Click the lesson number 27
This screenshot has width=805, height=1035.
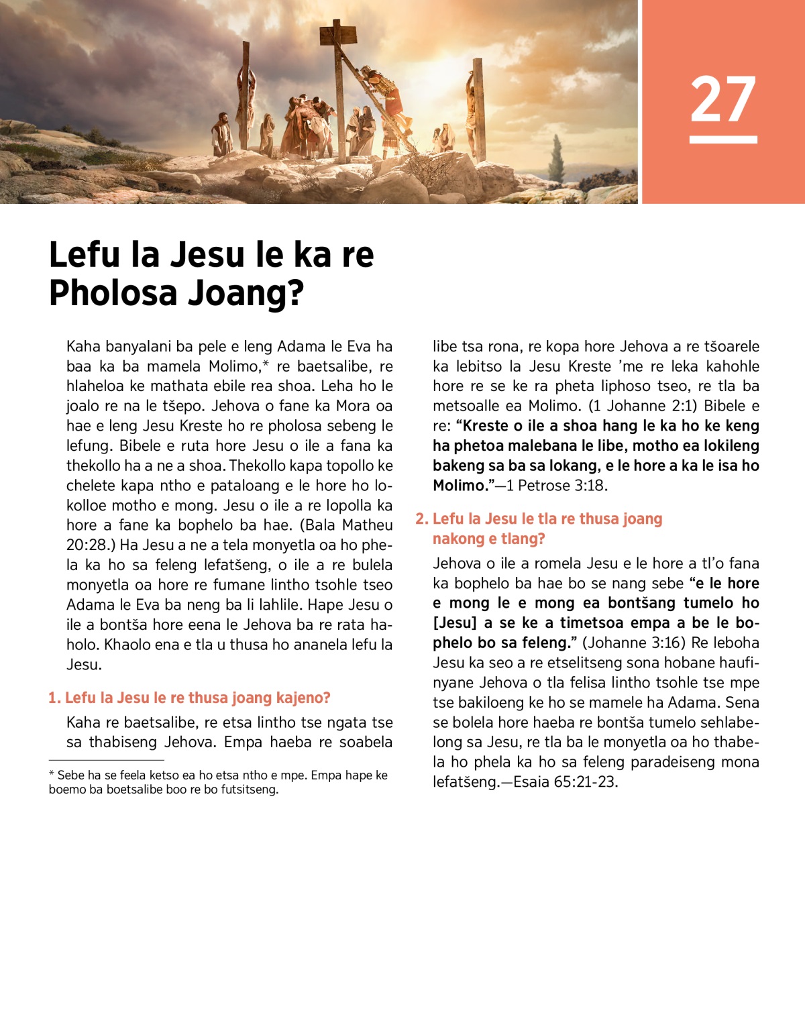click(x=723, y=99)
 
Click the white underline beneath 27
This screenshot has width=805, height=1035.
click(x=723, y=140)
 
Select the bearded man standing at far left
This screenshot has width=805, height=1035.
click(x=221, y=134)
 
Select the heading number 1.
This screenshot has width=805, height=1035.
click(x=54, y=698)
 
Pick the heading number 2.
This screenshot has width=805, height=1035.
click(x=421, y=519)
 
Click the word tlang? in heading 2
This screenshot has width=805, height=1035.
click(x=523, y=539)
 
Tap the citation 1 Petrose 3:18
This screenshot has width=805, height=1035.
click(x=556, y=486)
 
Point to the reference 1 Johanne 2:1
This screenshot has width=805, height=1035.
click(x=643, y=406)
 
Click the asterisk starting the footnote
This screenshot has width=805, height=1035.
click(x=52, y=775)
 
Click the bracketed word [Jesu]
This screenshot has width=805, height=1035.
click(x=455, y=623)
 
